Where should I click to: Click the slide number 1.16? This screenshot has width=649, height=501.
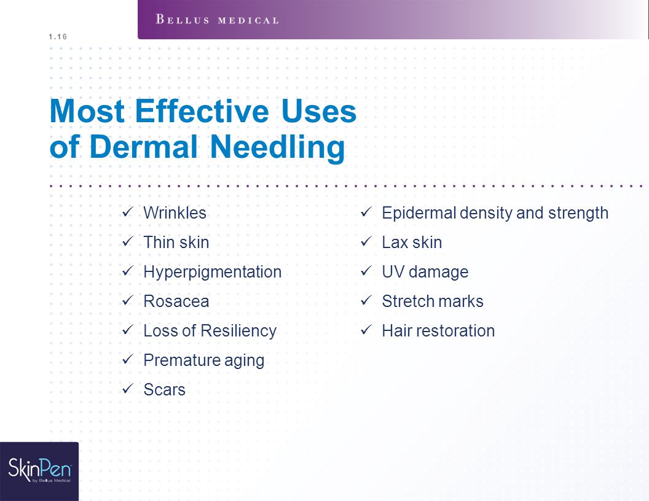click(x=58, y=37)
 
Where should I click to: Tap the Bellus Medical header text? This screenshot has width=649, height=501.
click(x=218, y=20)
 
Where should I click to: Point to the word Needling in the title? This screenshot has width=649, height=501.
click(x=277, y=147)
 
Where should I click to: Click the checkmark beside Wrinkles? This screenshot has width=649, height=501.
click(x=127, y=212)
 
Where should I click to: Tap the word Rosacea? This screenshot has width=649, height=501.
click(x=176, y=301)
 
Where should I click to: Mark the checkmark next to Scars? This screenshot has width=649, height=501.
click(x=127, y=389)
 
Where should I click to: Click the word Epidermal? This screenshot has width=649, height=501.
click(x=419, y=213)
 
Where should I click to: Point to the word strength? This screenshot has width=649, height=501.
click(x=578, y=213)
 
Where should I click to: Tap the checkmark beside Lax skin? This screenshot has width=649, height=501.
click(x=366, y=241)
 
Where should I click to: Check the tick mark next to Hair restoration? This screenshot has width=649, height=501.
click(x=366, y=330)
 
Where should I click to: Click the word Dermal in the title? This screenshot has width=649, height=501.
click(x=143, y=147)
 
